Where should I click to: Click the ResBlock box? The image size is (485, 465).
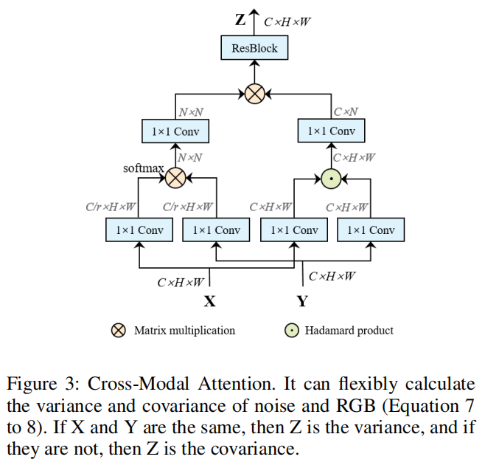(x=254, y=49)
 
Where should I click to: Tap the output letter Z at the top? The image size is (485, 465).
(x=240, y=20)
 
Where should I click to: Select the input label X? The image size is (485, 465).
(x=209, y=301)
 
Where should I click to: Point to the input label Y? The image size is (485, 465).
(x=302, y=301)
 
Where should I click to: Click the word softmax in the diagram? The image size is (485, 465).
(x=143, y=168)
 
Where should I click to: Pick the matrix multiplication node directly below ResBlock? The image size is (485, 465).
(x=254, y=94)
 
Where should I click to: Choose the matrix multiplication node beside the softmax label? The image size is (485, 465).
(x=175, y=177)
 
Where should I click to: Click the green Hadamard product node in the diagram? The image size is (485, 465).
(x=332, y=177)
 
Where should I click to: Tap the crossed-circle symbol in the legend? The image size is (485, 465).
(x=118, y=330)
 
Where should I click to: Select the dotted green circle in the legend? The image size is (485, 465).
(x=292, y=330)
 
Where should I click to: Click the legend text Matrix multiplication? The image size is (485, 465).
(x=184, y=330)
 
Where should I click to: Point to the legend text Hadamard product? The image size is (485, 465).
(x=349, y=330)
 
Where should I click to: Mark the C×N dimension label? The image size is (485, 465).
(x=346, y=112)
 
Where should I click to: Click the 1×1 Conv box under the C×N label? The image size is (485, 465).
(x=332, y=131)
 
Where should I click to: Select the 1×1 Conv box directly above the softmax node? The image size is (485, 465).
(x=175, y=131)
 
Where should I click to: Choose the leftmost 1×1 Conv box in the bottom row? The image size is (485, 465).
(x=139, y=230)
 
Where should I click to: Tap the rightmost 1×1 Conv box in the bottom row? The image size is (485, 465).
(x=371, y=230)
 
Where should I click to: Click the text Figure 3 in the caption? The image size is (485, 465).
(x=42, y=385)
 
